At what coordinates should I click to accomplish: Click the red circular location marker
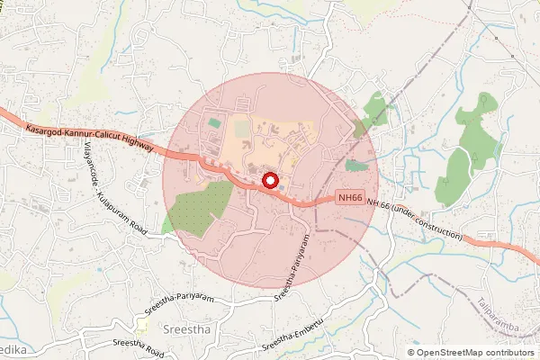pos(268,182)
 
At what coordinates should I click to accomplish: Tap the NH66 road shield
pos(352,198)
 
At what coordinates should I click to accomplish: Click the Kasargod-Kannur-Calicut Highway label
pos(90,137)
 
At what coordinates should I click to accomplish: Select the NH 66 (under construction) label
pos(417,221)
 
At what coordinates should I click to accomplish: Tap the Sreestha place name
pos(186,330)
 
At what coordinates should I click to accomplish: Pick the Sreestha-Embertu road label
pos(291,341)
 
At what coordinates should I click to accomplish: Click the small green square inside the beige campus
pos(214,121)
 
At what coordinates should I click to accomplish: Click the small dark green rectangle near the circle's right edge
pos(356,166)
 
